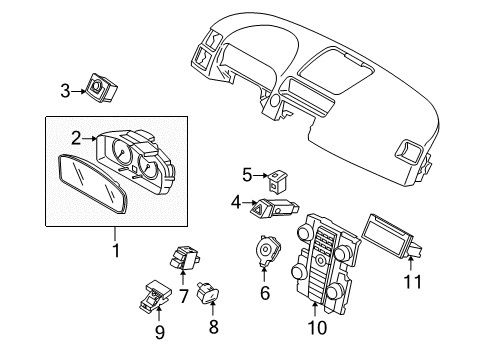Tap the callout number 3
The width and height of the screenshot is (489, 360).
(x=65, y=92)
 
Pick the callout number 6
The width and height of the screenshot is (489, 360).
(x=265, y=293)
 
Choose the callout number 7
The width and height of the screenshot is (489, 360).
(x=183, y=296)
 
